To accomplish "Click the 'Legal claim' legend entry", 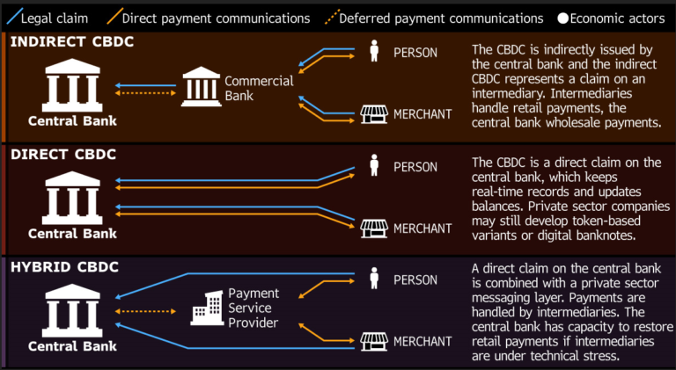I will tap(51, 18).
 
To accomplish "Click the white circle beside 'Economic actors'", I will tap(562, 18).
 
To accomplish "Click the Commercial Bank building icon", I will tap(201, 87).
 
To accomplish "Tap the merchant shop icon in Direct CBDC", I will tap(372, 229).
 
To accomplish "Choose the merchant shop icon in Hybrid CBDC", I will tap(372, 341).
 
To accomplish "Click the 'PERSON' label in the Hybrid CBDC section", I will tap(415, 280).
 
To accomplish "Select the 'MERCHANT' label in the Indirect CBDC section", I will tap(422, 113).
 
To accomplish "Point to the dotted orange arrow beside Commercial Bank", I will tap(145, 92).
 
